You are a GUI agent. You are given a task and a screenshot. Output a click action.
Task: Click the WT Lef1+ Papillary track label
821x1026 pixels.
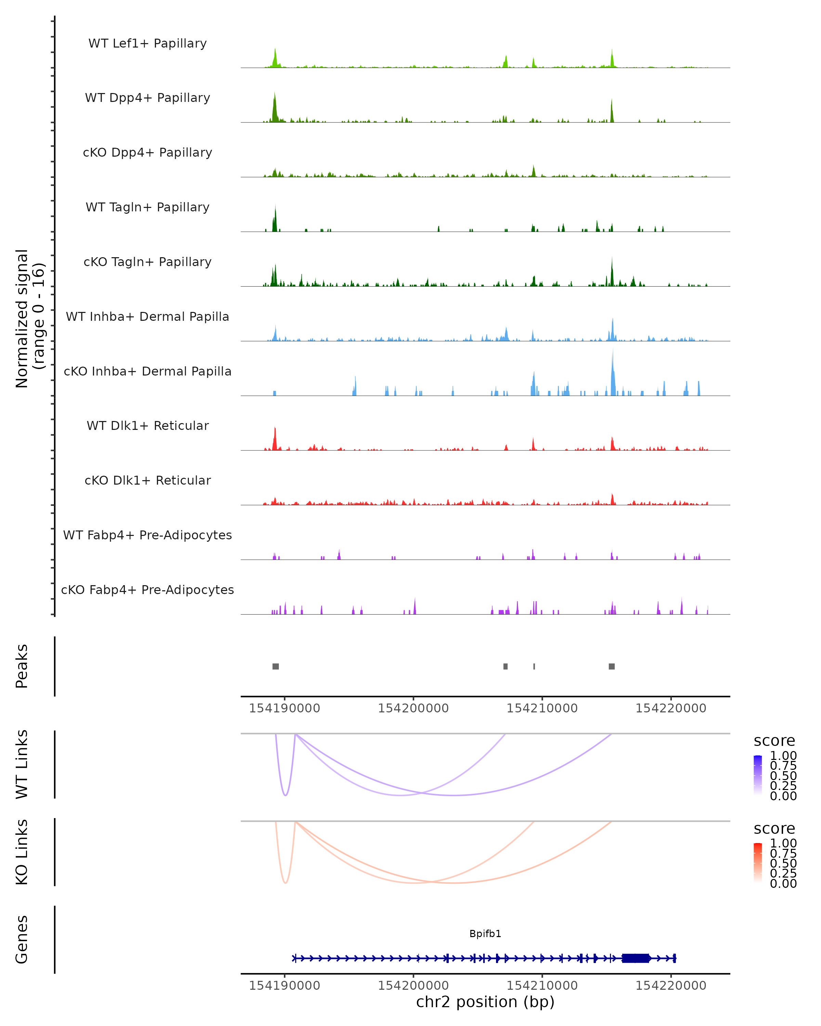147,43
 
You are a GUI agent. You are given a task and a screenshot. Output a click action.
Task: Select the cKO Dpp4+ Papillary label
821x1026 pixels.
147,153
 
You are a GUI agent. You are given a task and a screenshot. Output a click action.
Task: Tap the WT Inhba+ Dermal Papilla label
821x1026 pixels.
147,317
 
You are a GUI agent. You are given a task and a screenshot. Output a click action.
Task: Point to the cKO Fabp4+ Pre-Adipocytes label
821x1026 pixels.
147,590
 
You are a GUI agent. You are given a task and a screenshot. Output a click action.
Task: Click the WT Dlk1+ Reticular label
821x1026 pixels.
147,426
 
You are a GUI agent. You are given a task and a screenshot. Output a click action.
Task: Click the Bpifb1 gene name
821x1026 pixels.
485,934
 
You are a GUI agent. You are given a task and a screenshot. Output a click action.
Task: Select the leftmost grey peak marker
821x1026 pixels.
276,666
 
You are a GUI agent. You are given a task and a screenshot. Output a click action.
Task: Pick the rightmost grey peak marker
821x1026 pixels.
612,666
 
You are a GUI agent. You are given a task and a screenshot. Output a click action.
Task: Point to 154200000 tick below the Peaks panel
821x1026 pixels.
413,708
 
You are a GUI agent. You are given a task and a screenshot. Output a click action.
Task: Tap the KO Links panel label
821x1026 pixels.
22,852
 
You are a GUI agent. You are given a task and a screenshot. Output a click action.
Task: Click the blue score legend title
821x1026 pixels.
774,741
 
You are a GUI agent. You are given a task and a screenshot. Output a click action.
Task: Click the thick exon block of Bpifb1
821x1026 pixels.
635,958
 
